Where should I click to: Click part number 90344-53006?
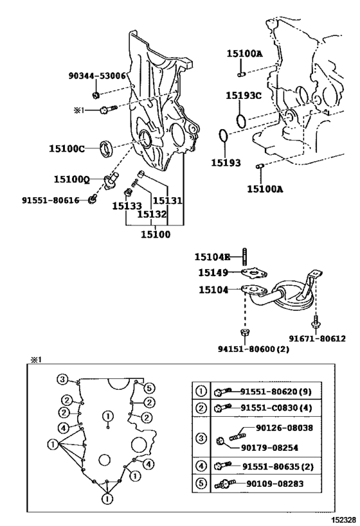click(97, 76)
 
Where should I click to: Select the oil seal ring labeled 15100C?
click(107, 148)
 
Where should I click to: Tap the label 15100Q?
click(72, 179)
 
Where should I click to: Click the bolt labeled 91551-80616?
click(93, 199)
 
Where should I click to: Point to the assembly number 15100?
click(155, 234)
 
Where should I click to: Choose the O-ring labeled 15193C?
click(240, 121)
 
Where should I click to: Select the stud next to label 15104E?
click(244, 257)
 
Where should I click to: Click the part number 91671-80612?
click(318, 339)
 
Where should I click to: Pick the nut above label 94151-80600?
click(245, 333)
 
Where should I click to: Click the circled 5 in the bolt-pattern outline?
click(149, 388)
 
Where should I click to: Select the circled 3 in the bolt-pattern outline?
click(62, 380)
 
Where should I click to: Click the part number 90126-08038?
click(284, 428)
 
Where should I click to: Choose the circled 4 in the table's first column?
click(201, 466)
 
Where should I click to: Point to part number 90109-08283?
click(274, 484)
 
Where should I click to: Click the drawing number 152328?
click(343, 520)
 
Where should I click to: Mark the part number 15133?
click(127, 206)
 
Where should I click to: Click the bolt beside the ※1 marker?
click(109, 109)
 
